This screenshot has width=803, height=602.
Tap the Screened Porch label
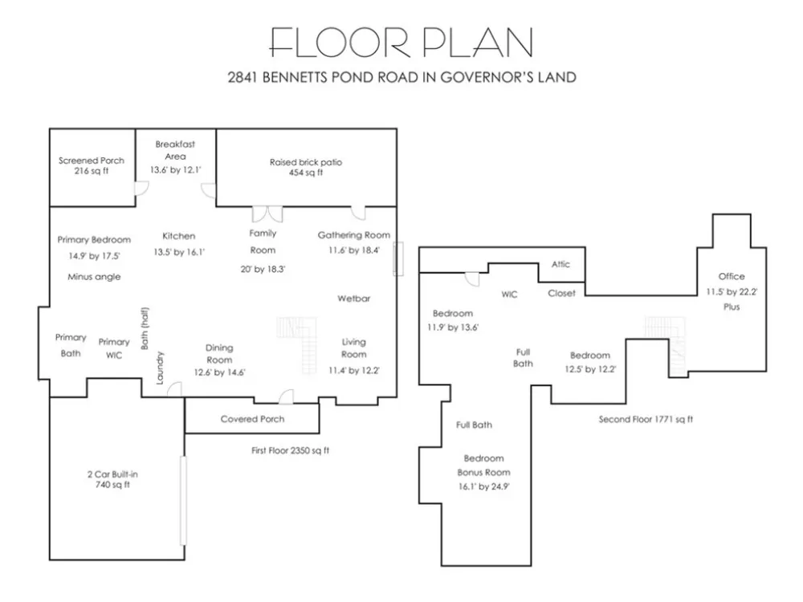click(92, 161)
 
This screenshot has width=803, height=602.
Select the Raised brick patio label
click(306, 162)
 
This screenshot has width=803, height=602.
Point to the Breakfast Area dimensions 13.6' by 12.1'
click(176, 169)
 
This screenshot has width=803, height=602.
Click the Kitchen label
click(179, 236)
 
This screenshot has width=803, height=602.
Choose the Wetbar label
click(354, 299)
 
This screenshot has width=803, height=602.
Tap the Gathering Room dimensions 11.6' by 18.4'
click(354, 250)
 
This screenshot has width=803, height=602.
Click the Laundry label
click(159, 368)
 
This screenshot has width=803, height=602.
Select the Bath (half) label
click(145, 328)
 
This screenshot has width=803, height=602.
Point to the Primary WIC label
click(114, 348)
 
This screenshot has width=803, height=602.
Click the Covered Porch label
click(252, 419)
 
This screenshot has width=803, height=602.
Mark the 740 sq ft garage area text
click(112, 484)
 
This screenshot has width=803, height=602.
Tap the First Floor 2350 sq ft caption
click(291, 450)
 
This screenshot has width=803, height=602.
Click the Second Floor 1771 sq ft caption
click(646, 419)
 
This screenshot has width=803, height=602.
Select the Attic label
click(560, 264)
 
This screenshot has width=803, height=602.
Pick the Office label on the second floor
click(732, 276)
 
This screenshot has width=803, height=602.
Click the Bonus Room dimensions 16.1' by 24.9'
click(484, 486)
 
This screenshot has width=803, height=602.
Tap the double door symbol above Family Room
click(267, 214)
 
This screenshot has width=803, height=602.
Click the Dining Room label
click(219, 354)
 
